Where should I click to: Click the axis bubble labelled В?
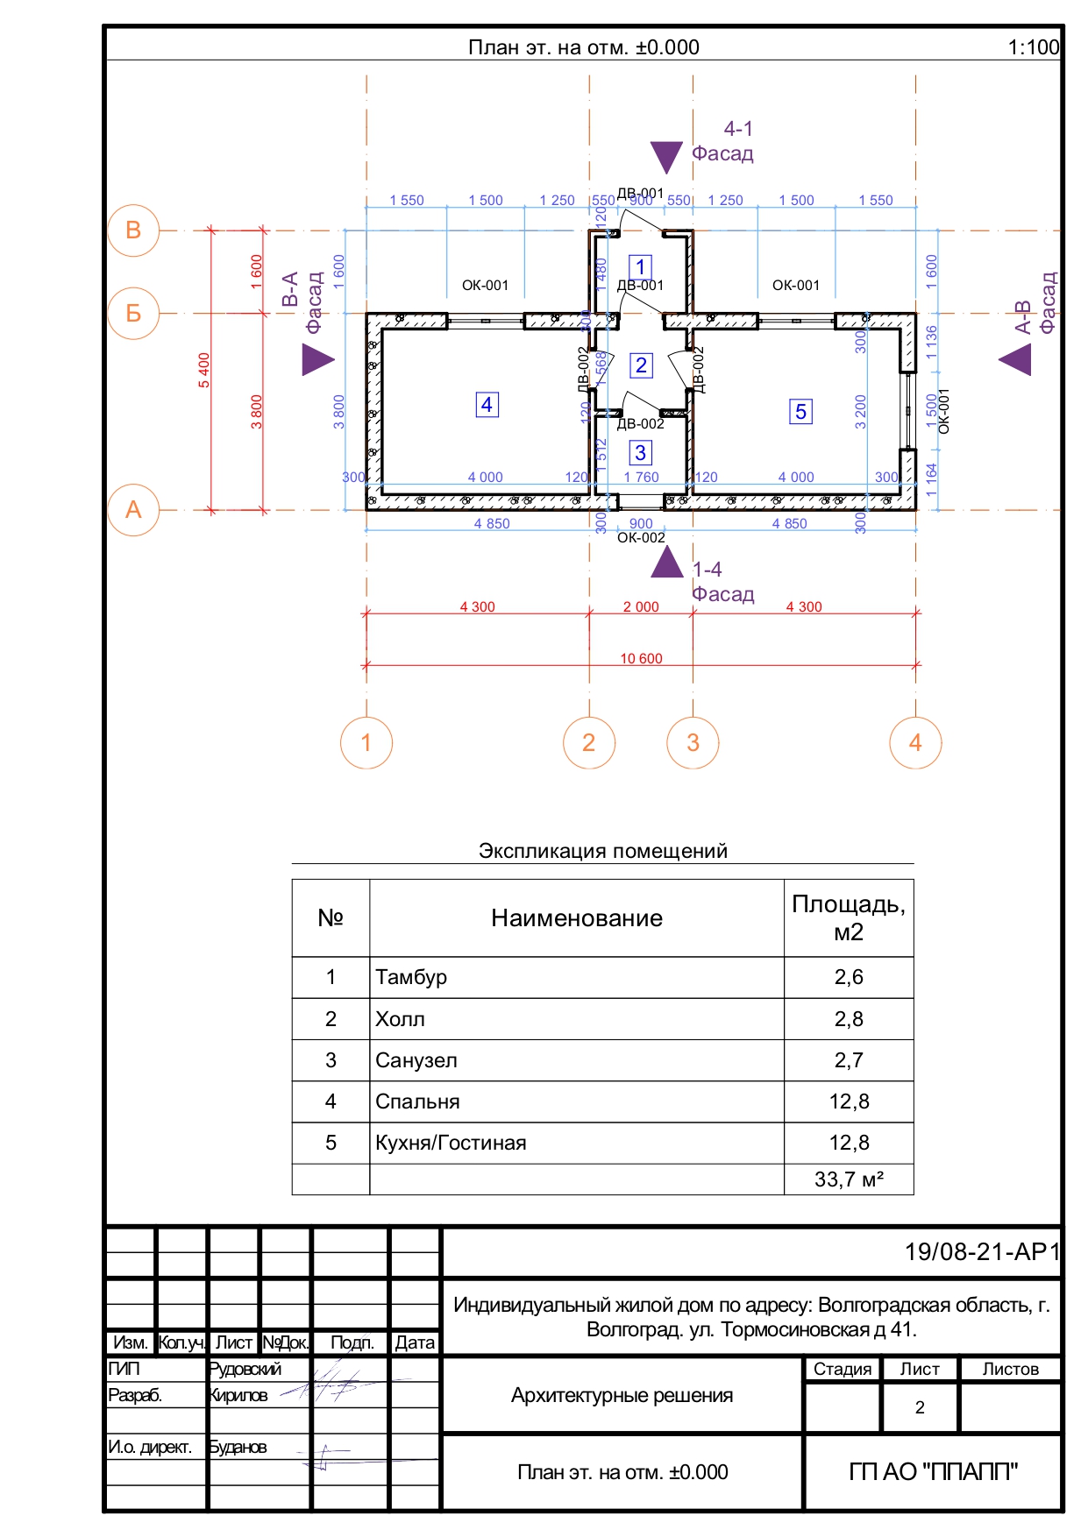point(133,230)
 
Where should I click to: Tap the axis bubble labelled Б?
point(133,313)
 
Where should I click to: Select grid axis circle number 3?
point(693,743)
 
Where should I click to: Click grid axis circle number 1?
point(366,743)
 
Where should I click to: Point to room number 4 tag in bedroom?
point(487,405)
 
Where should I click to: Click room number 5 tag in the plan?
point(800,412)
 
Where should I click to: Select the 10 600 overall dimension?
point(641,659)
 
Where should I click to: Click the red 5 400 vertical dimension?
point(204,370)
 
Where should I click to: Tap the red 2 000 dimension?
point(641,606)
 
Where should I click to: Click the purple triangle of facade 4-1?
point(666,156)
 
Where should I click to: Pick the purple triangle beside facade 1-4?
point(667,563)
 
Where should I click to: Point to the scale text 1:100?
point(1033,47)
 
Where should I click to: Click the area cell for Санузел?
point(848,1060)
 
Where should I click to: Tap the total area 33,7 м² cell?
point(848,1179)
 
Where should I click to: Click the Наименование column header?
point(576,918)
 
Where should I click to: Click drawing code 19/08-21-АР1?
point(982,1251)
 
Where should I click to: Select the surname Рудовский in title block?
point(245,1369)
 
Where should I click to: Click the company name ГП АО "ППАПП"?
point(933,1472)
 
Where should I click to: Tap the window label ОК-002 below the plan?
point(641,538)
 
